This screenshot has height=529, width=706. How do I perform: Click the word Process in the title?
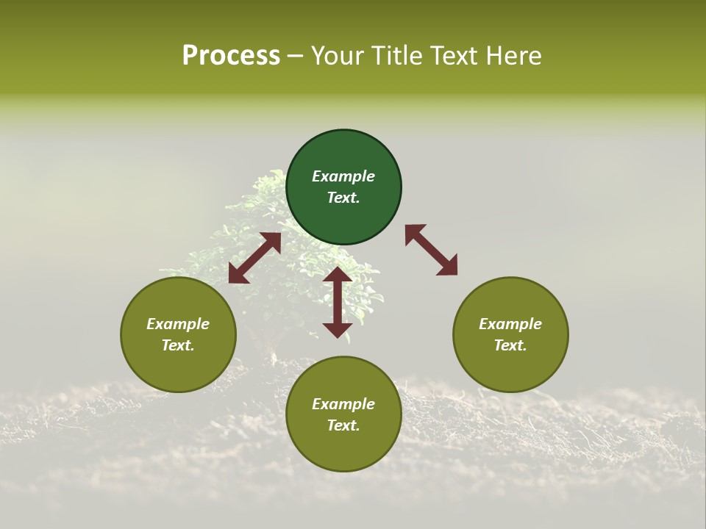231,56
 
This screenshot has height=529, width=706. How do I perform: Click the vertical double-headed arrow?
338,302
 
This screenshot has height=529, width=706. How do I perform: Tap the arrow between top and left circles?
254,258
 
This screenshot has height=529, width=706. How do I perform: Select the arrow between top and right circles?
431,250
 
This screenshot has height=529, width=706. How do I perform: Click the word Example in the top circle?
343,176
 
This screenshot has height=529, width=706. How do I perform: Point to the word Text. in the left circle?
178,345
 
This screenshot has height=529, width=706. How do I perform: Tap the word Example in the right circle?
510,324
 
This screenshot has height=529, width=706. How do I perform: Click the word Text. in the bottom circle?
343,425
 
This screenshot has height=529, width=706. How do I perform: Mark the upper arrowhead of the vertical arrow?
338,276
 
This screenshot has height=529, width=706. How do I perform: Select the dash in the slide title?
296,56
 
